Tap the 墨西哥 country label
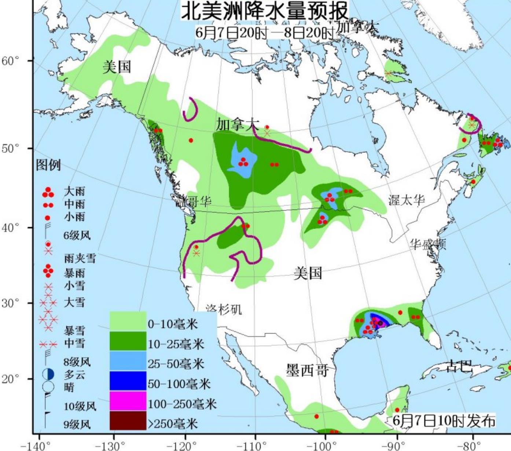click(x=307, y=370)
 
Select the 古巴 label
click(x=459, y=366)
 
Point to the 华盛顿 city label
click(x=428, y=244)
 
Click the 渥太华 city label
click(x=407, y=200)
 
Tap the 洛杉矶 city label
click(x=224, y=309)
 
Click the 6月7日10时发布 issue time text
click(x=444, y=421)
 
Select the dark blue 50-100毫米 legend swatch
click(x=128, y=381)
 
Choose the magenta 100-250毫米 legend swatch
click(x=128, y=401)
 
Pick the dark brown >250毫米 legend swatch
click(x=128, y=421)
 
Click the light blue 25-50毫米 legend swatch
click(x=128, y=361)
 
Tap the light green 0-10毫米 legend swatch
click(x=128, y=321)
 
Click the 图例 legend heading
click(x=48, y=165)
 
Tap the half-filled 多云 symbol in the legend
click(x=48, y=374)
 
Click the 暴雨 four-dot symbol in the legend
click(x=48, y=271)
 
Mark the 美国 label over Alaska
click(x=117, y=67)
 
